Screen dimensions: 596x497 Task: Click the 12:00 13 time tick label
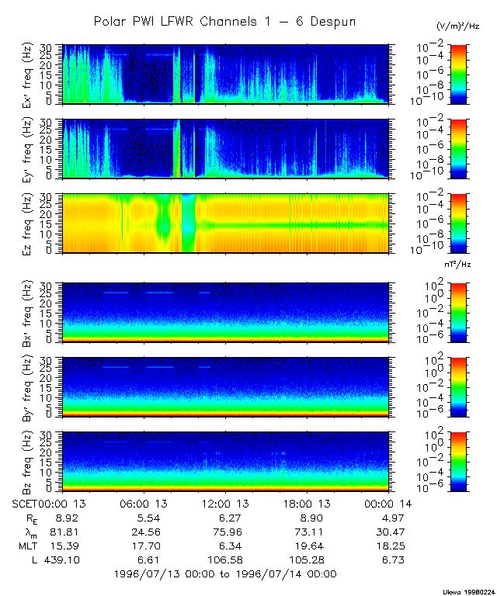pos(224,504)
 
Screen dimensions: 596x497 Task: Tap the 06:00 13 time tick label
pos(142,504)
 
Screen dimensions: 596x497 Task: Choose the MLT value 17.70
pos(142,546)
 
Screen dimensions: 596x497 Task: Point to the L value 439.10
pos(57,560)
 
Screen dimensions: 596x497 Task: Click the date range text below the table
pos(224,574)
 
